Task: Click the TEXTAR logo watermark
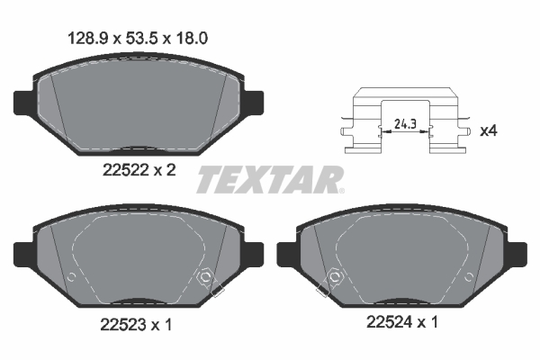tap(270, 179)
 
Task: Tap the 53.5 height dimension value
tap(141, 38)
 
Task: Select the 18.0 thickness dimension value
tap(192, 38)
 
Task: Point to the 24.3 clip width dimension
tap(405, 123)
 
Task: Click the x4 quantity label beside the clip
tap(489, 130)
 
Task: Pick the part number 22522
tap(126, 170)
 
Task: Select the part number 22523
tap(123, 325)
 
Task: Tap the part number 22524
tap(390, 322)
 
